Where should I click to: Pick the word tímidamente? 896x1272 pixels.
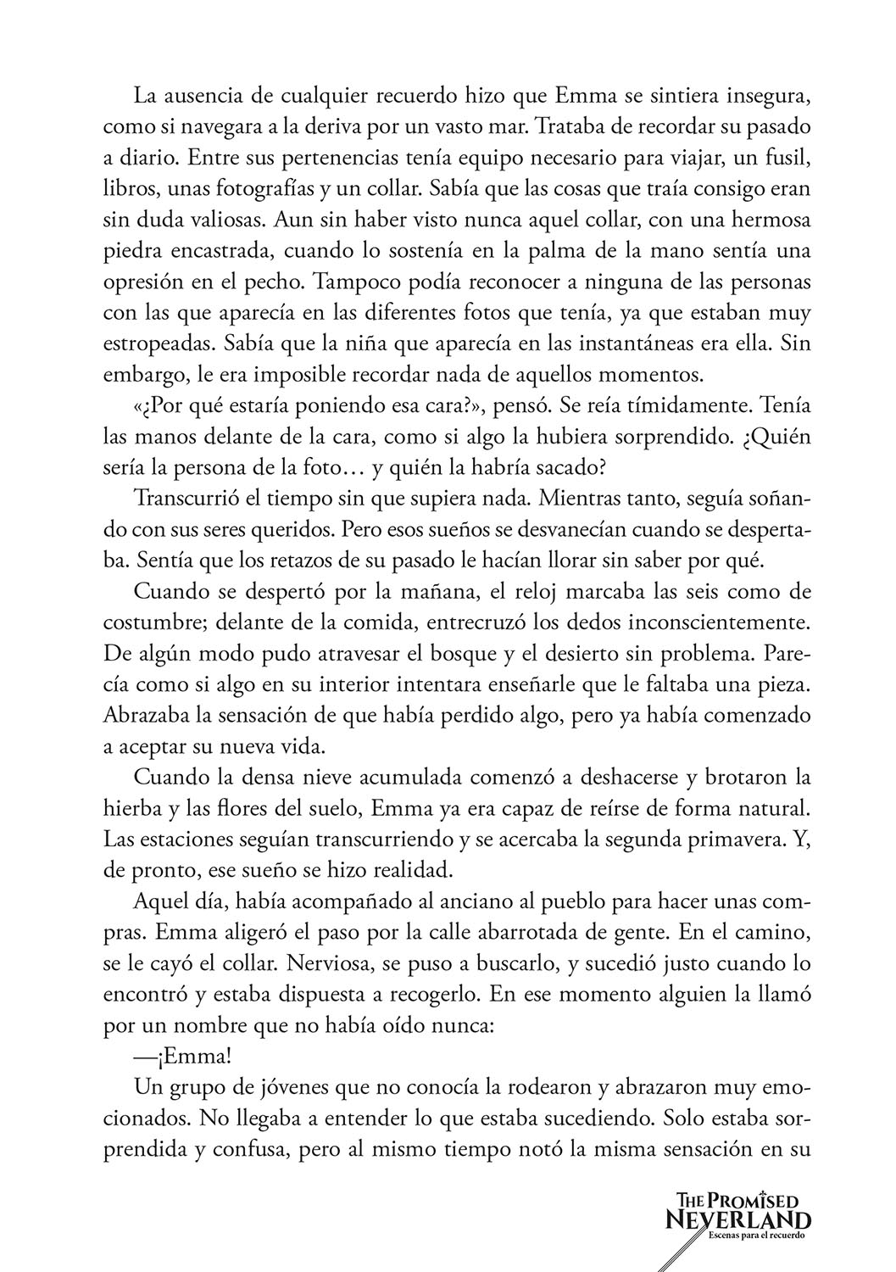point(684,407)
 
